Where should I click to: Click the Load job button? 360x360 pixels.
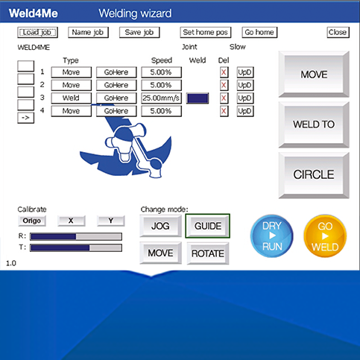tap(37, 32)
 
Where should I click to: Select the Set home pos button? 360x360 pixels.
tap(206, 32)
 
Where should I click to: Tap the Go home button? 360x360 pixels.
tap(259, 32)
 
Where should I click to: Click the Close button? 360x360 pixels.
tap(338, 32)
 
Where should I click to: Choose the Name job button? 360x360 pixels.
tap(88, 32)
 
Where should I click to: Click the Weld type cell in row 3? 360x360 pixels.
tap(72, 98)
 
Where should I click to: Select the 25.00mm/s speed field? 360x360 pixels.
tap(161, 98)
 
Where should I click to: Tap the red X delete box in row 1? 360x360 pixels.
tap(224, 72)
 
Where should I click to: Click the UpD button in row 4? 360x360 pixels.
tap(245, 111)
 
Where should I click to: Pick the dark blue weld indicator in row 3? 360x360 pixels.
tap(198, 98)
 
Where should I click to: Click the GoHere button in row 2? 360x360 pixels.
tap(116, 85)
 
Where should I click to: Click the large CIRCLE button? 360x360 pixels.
tap(314, 175)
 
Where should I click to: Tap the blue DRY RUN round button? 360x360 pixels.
tap(272, 236)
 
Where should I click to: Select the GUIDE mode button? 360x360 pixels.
tap(208, 226)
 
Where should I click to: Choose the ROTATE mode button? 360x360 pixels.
tap(208, 253)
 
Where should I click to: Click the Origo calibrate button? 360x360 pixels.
tap(32, 221)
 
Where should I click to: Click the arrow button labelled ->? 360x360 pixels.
tap(25, 118)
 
